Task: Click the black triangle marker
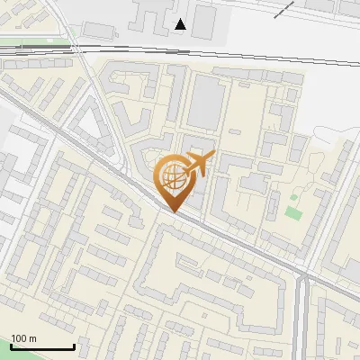coord(181,24)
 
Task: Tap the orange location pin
coord(175,181)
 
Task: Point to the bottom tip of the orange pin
coord(175,211)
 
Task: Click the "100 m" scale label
coord(24,338)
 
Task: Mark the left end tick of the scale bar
coord(12,345)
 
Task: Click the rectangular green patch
coord(292,213)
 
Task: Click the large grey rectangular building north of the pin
coord(204,100)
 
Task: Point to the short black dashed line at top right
coord(284,9)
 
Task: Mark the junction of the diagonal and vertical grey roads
coord(301,271)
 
